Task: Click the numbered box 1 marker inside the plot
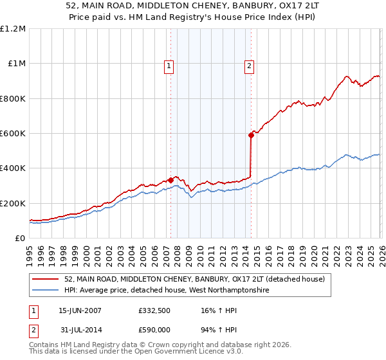click(169, 65)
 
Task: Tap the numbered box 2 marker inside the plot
click(248, 65)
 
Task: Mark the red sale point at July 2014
click(251, 135)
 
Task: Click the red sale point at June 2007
click(171, 180)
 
